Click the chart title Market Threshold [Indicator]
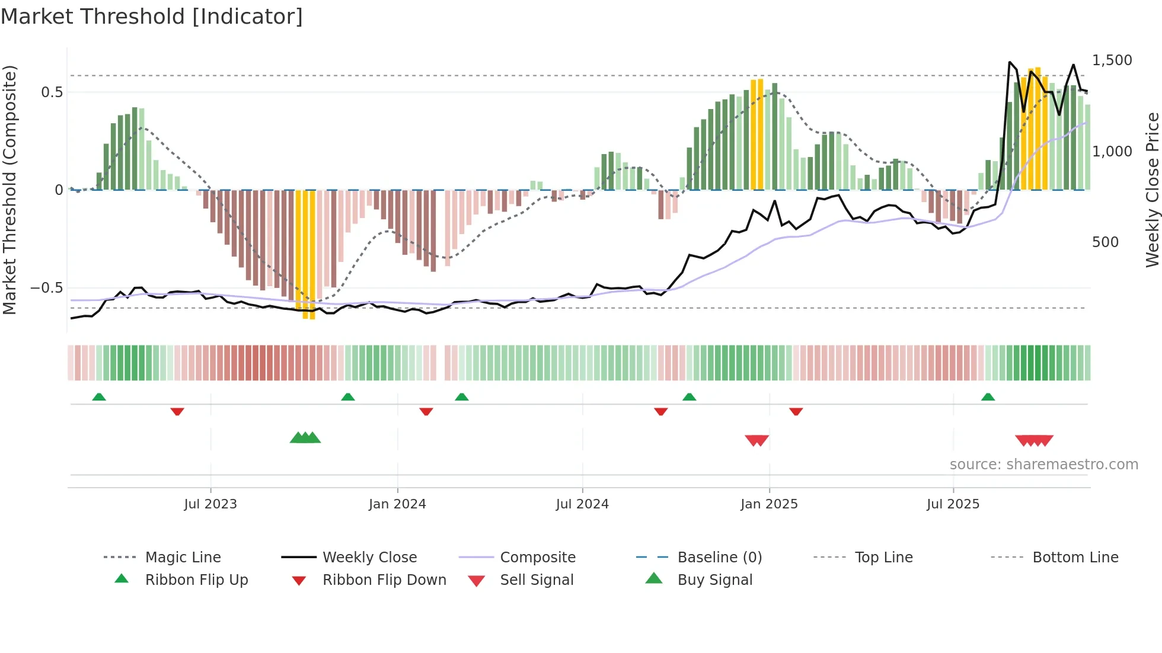point(152,17)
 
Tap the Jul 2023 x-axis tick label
point(210,504)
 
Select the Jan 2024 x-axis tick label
point(397,504)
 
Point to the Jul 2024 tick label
point(582,504)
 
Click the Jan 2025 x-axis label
point(769,504)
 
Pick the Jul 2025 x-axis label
point(953,504)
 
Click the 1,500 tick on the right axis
point(1112,60)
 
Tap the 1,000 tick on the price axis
point(1112,152)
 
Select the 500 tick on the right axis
point(1105,242)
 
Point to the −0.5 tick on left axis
point(46,288)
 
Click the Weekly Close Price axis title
point(1152,190)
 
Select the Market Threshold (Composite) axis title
point(9,190)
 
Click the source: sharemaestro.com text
point(1043,465)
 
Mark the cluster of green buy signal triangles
point(305,438)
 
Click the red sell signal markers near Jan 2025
point(756,440)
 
